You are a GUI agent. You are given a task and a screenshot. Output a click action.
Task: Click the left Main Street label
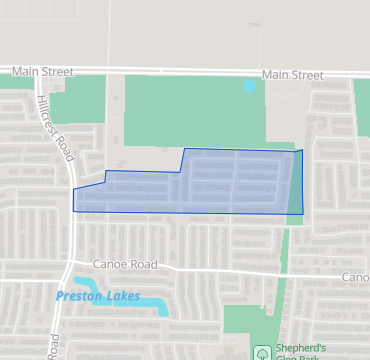coord(43,73)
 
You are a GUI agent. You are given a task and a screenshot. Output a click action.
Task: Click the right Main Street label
coord(293,75)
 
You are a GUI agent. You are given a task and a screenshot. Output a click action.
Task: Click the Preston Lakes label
coord(98,296)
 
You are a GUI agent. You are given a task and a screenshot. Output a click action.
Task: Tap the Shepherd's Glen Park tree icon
coord(262,352)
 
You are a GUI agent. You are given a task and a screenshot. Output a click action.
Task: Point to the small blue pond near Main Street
coord(249,87)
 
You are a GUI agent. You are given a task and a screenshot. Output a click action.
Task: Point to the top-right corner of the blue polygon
coord(300,150)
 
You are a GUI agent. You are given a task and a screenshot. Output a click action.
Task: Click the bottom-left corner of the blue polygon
coord(74,210)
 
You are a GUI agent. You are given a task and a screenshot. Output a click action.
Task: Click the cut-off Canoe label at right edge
coord(355,277)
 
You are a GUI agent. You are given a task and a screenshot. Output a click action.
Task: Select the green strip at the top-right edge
coord(361,105)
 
